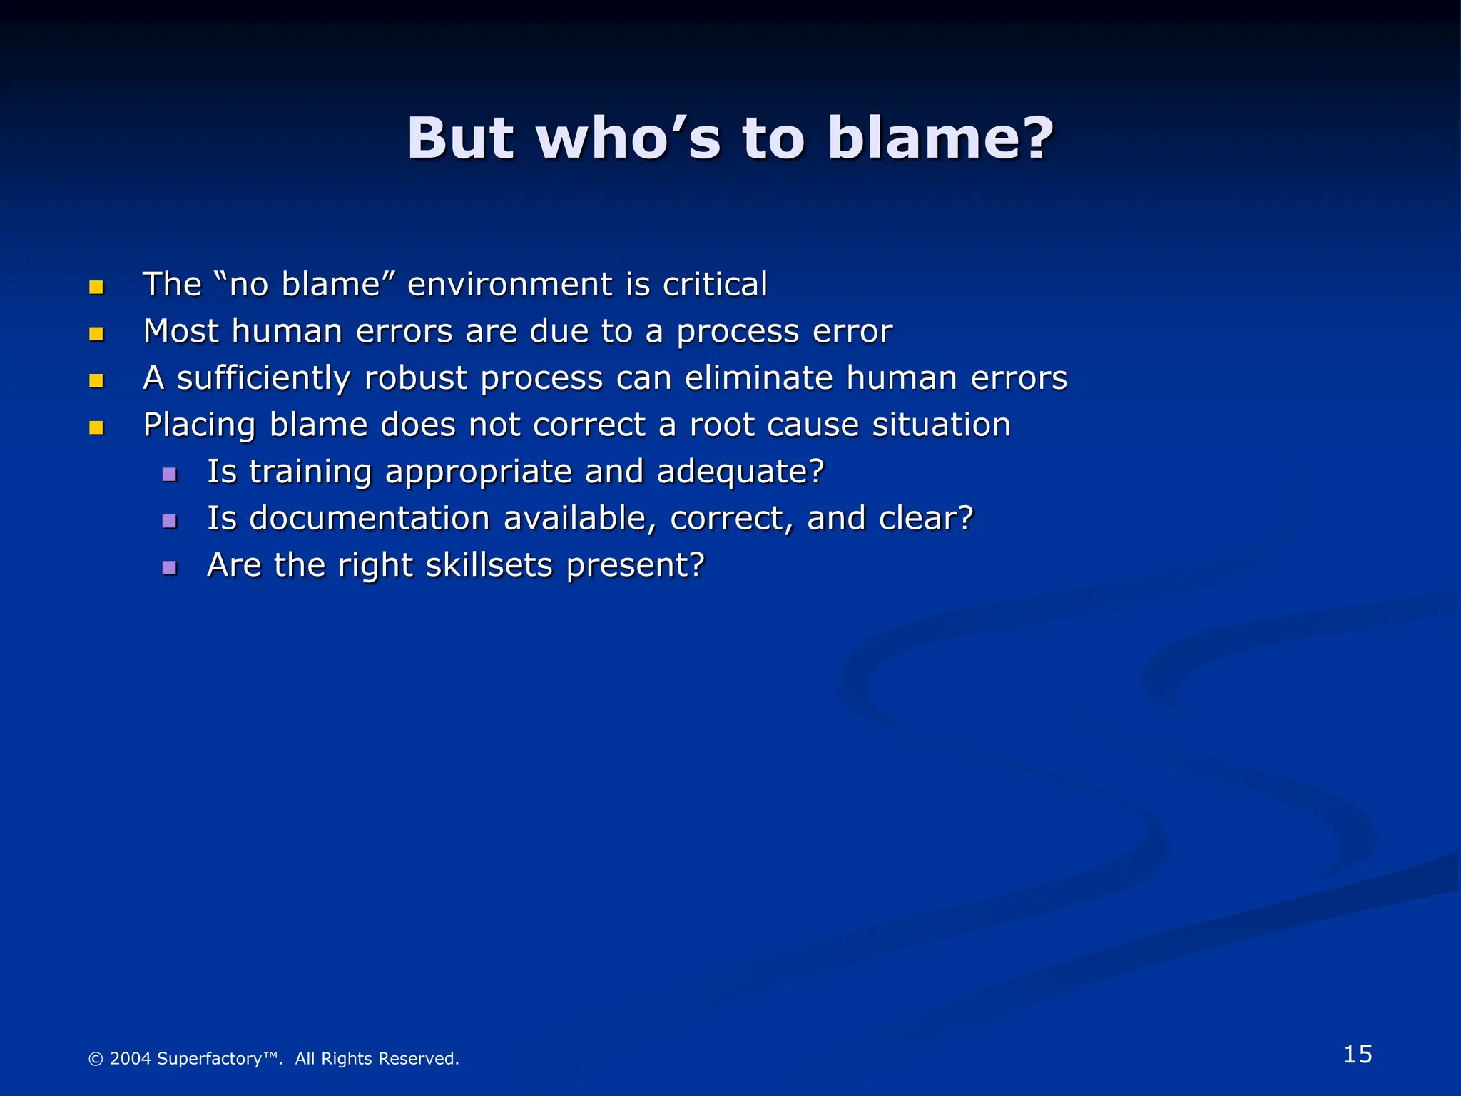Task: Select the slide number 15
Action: coord(1358,1054)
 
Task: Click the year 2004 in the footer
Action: coord(131,1058)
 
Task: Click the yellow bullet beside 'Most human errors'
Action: coord(96,334)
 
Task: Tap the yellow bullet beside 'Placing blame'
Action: coord(96,427)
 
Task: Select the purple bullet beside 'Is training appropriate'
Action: coord(169,475)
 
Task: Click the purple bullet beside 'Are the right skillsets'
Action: coord(169,568)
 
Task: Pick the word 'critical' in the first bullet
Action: coord(715,284)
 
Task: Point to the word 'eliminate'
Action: coord(759,377)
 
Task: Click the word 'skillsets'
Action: coord(489,565)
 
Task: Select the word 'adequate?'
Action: coord(740,472)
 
